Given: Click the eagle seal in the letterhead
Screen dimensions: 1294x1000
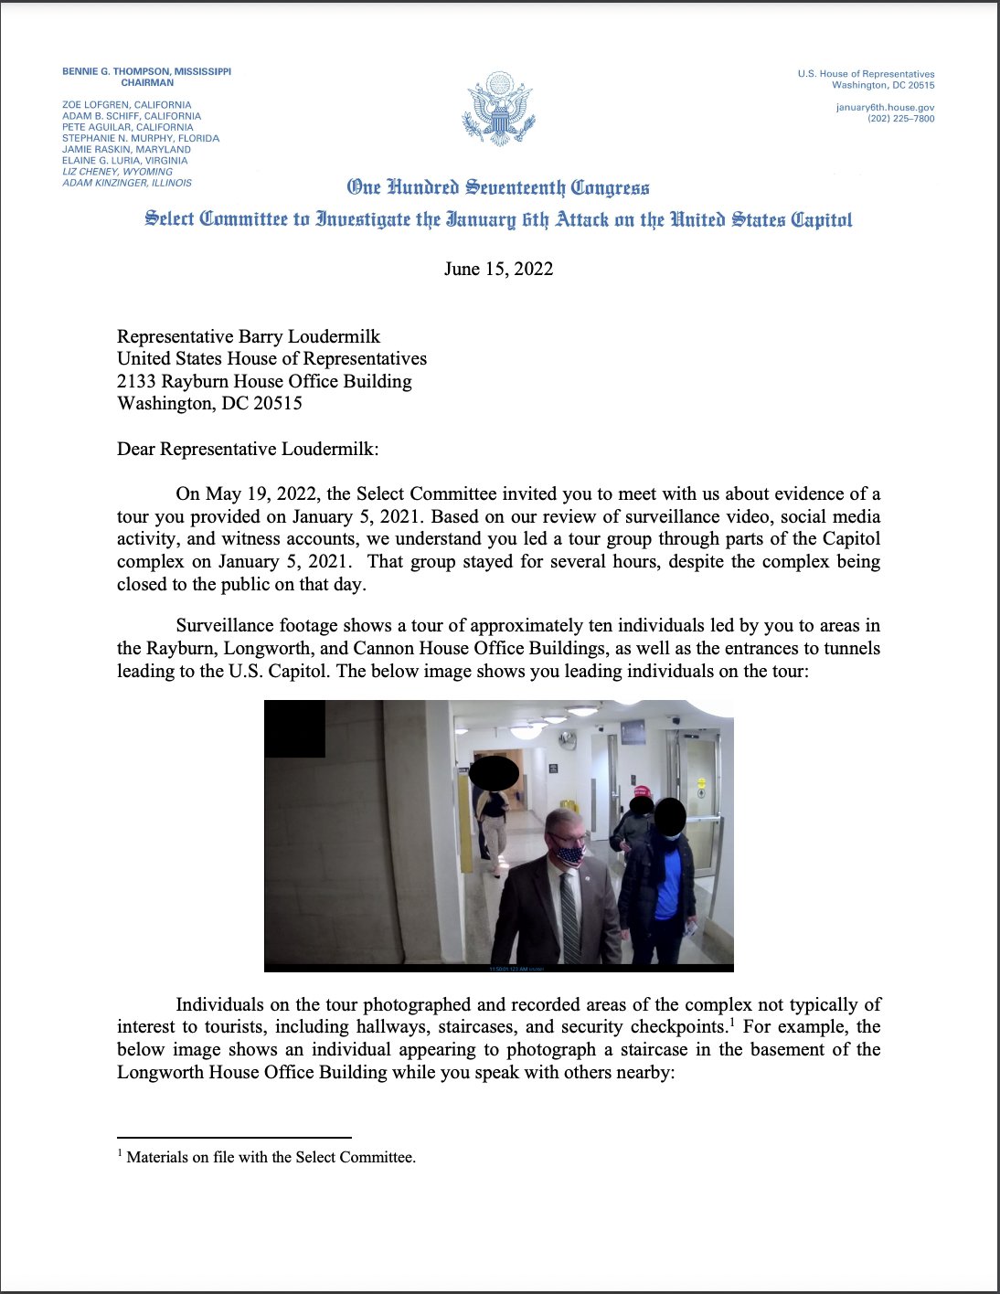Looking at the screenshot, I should pyautogui.click(x=498, y=109).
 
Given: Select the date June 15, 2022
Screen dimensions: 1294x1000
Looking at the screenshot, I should pyautogui.click(x=498, y=269).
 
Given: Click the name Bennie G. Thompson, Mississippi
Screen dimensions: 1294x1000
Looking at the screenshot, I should pyautogui.click(x=146, y=71).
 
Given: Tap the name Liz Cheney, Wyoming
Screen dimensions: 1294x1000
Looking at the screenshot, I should pyautogui.click(x=117, y=172).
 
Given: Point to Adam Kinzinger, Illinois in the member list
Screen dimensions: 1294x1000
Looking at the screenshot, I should pyautogui.click(x=127, y=183).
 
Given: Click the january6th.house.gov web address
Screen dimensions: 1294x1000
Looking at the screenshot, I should pyautogui.click(x=885, y=107).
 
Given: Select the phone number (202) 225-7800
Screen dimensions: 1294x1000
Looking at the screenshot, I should pyautogui.click(x=900, y=118).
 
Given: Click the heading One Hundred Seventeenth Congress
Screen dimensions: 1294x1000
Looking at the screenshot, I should pyautogui.click(x=498, y=188).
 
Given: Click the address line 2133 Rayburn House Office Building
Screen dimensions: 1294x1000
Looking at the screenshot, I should pyautogui.click(x=264, y=381).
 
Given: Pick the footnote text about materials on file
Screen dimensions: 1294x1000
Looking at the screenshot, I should pyautogui.click(x=271, y=1157).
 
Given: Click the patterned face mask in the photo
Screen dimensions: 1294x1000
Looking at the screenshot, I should pyautogui.click(x=569, y=855).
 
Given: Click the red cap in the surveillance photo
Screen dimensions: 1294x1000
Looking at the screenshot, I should pyautogui.click(x=642, y=790).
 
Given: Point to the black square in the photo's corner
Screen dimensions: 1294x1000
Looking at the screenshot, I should pyautogui.click(x=294, y=728).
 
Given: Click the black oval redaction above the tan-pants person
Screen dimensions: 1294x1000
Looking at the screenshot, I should pyautogui.click(x=494, y=774).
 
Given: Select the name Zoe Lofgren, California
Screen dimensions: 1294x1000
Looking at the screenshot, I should pyautogui.click(x=127, y=105).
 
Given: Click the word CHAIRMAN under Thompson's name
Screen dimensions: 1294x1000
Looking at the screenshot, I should pyautogui.click(x=147, y=82).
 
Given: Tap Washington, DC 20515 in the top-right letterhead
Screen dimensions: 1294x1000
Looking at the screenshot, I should pyautogui.click(x=883, y=85).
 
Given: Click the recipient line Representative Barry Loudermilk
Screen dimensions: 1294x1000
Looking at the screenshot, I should pyautogui.click(x=249, y=336).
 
